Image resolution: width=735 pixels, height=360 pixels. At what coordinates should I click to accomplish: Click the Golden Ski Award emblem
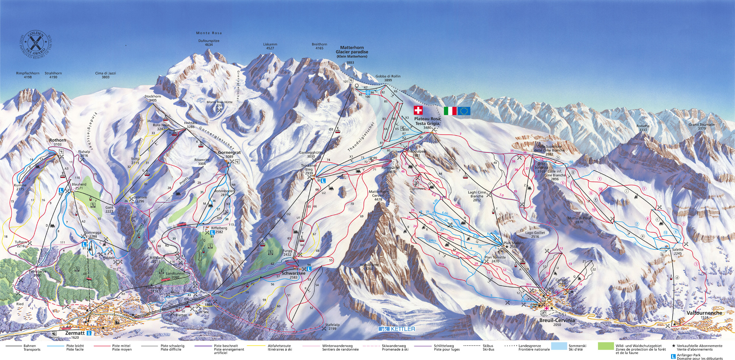[36, 45]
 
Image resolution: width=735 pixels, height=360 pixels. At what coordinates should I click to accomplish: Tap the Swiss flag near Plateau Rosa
[418, 110]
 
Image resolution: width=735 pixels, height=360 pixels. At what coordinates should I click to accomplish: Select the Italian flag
[450, 111]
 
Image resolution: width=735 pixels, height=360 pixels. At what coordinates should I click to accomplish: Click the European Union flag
[464, 111]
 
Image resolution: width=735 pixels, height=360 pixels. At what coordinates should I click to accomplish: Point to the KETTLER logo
[397, 329]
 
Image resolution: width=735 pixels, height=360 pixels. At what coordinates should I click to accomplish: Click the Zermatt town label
[75, 333]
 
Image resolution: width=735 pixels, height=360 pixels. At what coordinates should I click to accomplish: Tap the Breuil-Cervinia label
[557, 320]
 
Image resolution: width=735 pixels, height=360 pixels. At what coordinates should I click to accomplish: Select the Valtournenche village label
[704, 313]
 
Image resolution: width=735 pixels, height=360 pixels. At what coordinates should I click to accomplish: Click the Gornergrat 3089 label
[229, 154]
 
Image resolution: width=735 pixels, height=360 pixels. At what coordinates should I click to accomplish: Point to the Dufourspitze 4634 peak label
[209, 43]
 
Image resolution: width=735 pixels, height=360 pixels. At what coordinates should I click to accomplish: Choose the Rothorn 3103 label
[58, 142]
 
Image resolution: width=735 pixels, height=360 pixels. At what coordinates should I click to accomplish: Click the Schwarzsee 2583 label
[293, 275]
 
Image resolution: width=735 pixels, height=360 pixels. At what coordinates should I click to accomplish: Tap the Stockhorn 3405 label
[153, 98]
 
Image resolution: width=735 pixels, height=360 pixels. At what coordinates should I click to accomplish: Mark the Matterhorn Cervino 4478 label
[379, 195]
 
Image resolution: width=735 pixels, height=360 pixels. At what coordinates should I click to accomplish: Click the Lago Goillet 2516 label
[535, 234]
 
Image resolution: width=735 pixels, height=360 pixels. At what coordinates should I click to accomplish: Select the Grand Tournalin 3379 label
[702, 126]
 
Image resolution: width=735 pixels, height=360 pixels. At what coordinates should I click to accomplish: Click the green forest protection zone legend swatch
[606, 346]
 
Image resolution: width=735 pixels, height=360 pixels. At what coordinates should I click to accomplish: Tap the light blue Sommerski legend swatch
[559, 346]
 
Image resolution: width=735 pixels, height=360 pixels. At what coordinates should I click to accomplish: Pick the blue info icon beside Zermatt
[89, 333]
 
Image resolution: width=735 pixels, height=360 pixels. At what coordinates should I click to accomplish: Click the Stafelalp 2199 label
[332, 327]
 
